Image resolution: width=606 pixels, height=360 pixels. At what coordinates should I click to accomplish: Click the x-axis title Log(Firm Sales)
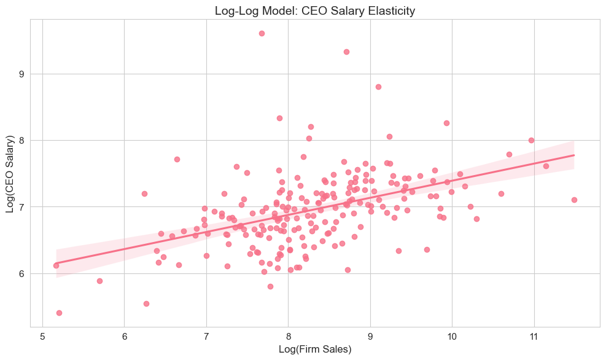(x=314, y=350)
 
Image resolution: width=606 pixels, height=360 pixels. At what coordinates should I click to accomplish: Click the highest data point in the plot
(x=262, y=33)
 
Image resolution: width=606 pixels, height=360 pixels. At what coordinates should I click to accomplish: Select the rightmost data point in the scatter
(x=574, y=200)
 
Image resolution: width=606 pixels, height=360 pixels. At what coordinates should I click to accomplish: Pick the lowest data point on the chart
(x=59, y=313)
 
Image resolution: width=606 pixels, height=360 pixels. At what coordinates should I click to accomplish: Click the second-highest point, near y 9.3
(x=346, y=52)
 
